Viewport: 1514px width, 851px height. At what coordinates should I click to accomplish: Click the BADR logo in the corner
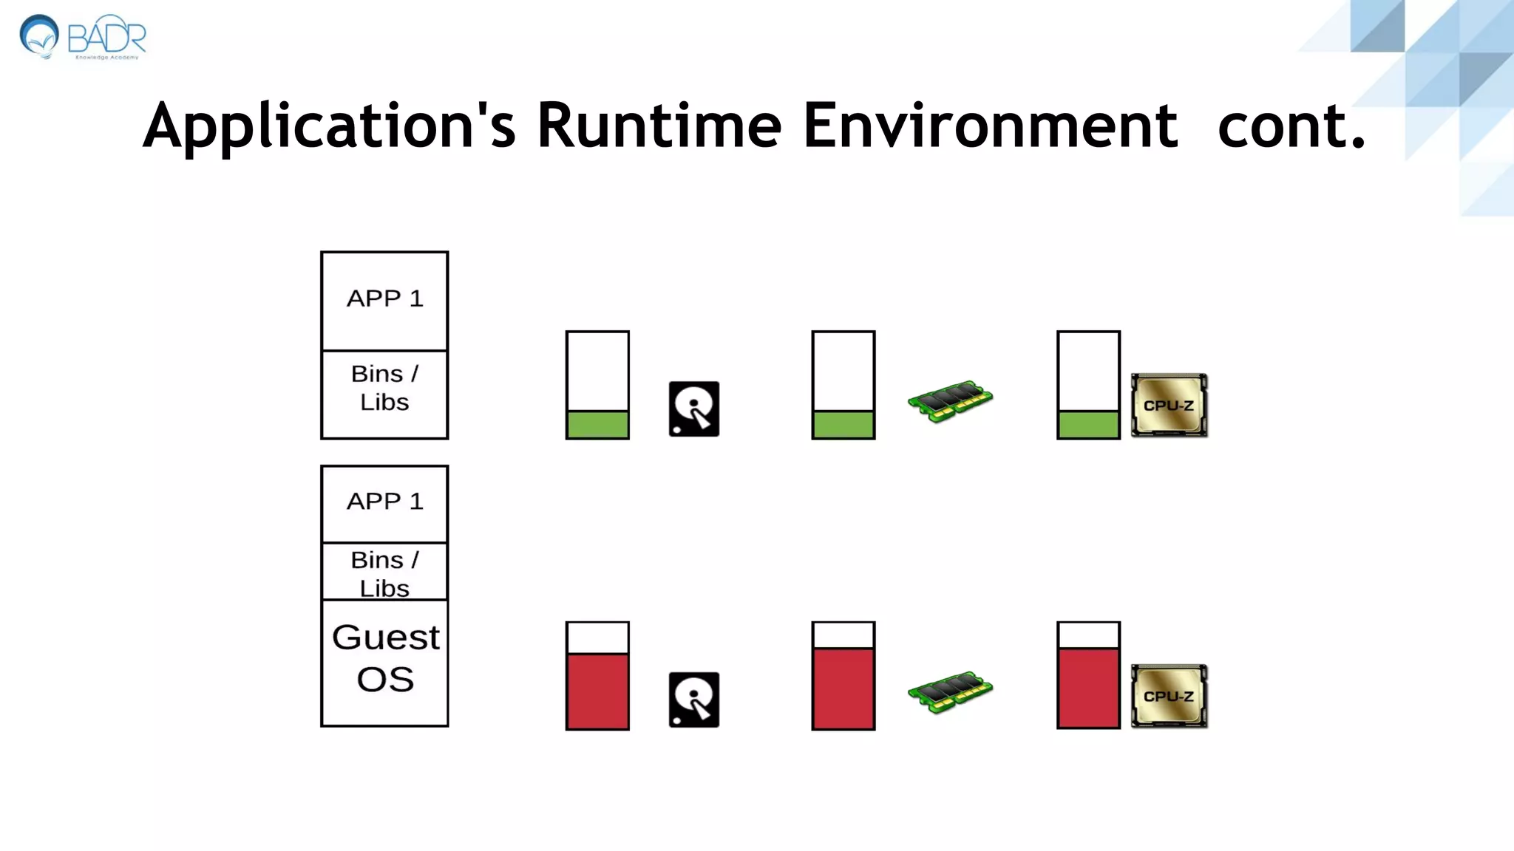tap(83, 37)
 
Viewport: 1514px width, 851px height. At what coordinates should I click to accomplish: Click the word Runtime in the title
tap(658, 126)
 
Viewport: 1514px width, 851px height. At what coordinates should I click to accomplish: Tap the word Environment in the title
tap(989, 126)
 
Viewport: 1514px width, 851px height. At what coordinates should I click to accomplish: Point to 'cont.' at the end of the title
tap(1291, 126)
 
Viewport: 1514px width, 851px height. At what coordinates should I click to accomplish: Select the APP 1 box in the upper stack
tap(384, 300)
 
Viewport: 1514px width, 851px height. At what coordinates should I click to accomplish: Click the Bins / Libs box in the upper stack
tap(384, 394)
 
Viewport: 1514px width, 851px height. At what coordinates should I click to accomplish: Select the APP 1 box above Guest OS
tap(384, 503)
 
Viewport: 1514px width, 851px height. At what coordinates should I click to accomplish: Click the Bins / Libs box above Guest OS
tap(384, 571)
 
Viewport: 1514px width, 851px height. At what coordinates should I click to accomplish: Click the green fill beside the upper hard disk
tap(597, 425)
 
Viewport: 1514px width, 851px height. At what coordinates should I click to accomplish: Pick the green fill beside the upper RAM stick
tap(843, 425)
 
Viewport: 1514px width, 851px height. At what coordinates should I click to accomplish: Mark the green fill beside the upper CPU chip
tap(1088, 425)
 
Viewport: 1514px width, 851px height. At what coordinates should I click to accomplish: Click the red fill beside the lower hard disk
tap(597, 691)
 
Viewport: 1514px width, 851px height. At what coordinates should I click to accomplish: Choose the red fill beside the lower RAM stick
tap(843, 688)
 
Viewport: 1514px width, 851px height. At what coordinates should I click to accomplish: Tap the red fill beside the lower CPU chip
tap(1088, 688)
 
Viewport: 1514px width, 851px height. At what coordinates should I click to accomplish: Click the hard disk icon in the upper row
tap(693, 409)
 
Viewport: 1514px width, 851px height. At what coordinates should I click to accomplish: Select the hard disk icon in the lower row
tap(693, 700)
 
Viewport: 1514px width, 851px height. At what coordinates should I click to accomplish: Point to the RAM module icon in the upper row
tap(950, 400)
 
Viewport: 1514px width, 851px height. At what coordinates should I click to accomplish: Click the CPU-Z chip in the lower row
tap(1169, 696)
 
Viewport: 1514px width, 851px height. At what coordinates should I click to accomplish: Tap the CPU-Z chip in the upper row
tap(1169, 405)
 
